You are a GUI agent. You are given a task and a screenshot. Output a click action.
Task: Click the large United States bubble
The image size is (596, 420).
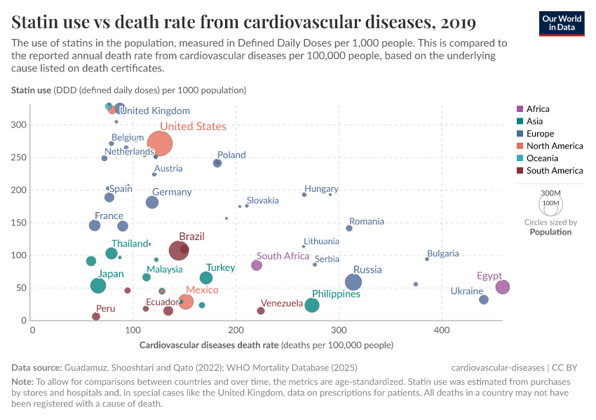(x=160, y=143)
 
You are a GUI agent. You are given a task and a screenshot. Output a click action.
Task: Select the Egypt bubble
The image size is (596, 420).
(x=502, y=287)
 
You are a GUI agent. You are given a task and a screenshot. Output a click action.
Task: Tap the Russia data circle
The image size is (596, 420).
(x=353, y=282)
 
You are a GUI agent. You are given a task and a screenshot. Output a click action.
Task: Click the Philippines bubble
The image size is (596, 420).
(x=312, y=305)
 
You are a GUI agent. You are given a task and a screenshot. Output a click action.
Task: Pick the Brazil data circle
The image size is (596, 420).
(x=179, y=251)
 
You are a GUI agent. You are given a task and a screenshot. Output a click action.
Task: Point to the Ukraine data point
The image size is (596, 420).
(x=484, y=300)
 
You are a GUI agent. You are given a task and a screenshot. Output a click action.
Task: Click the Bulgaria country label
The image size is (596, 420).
(x=442, y=253)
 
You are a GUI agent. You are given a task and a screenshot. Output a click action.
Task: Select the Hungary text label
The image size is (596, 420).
(x=321, y=189)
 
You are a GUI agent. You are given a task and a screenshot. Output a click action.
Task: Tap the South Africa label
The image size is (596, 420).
(x=283, y=256)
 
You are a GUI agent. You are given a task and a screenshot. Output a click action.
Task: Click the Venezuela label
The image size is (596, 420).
(x=282, y=304)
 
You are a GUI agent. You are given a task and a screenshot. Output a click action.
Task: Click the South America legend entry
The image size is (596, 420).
(x=554, y=171)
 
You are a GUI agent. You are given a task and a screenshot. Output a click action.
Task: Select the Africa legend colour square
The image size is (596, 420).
(x=520, y=109)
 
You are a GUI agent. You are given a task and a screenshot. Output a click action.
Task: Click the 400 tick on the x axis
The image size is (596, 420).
(x=442, y=328)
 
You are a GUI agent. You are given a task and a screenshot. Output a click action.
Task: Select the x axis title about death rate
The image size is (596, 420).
(x=266, y=345)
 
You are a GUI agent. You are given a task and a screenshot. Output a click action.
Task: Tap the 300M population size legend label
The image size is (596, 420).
(x=550, y=193)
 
